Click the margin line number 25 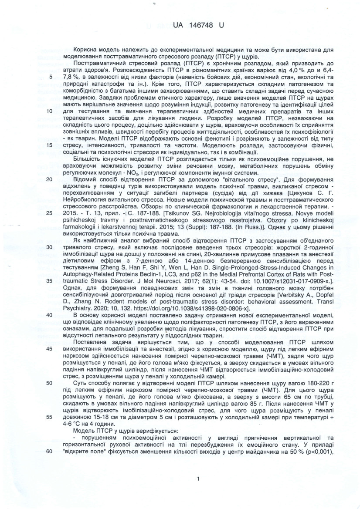point(49,212)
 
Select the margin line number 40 point(49,315)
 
